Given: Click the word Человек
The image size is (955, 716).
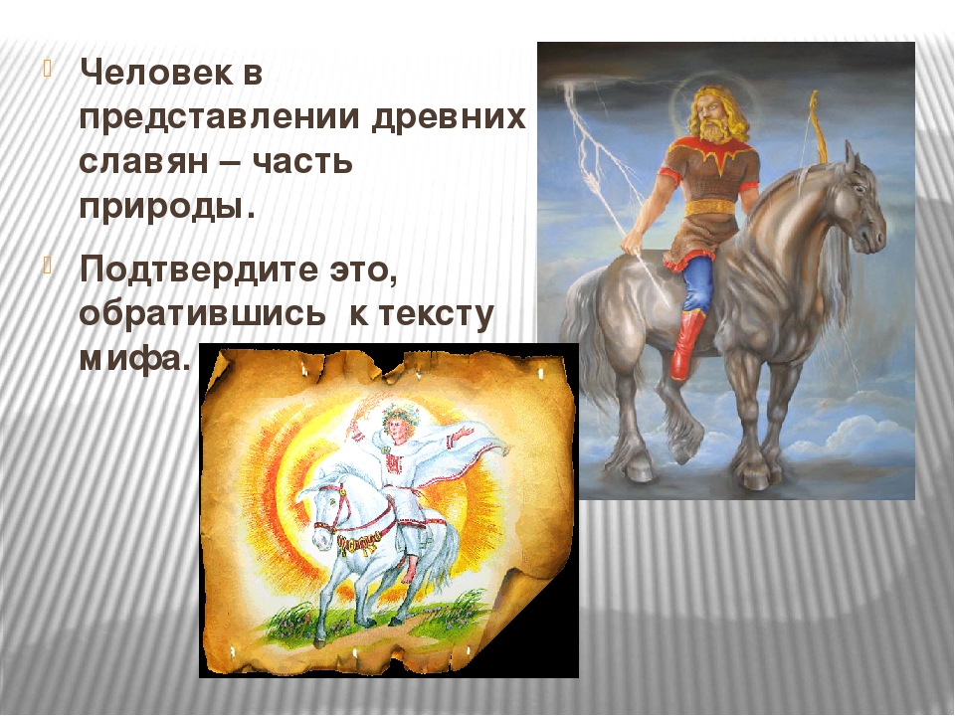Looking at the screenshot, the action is pyautogui.click(x=156, y=73).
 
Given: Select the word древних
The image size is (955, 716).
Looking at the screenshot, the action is pyautogui.click(x=449, y=117).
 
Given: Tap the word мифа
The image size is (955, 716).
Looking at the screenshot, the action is pyautogui.click(x=131, y=358).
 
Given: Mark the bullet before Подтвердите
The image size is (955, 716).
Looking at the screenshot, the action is pyautogui.click(x=49, y=265).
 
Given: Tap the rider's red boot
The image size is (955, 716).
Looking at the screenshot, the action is pyautogui.click(x=687, y=345).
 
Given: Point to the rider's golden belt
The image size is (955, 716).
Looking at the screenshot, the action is pyautogui.click(x=712, y=208).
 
